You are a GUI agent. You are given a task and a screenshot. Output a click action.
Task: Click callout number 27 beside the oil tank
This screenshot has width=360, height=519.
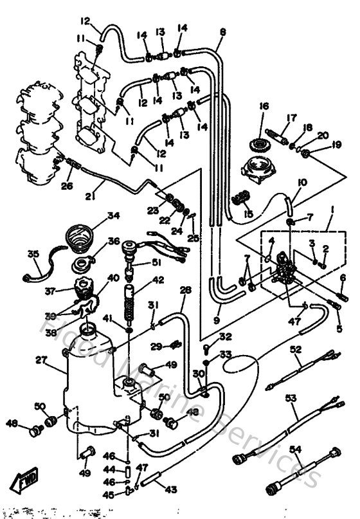(42, 361)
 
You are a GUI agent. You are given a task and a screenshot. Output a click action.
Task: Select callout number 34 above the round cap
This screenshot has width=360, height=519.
(114, 215)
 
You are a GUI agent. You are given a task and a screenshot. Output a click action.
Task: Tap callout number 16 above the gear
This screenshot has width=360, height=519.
(263, 106)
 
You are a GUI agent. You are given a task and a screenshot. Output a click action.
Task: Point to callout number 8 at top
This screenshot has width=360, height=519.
(222, 32)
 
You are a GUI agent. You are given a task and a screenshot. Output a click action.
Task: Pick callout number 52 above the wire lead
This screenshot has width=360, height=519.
(295, 349)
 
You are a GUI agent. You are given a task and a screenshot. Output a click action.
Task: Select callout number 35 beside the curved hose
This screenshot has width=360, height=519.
(33, 253)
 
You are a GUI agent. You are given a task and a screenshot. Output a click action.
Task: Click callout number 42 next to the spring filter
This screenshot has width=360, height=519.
(157, 280)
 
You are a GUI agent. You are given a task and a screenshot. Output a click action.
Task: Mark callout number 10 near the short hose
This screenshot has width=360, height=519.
(301, 183)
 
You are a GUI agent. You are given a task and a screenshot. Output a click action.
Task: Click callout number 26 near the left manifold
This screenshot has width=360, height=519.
(67, 186)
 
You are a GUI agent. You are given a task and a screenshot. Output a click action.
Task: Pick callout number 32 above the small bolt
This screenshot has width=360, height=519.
(224, 336)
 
